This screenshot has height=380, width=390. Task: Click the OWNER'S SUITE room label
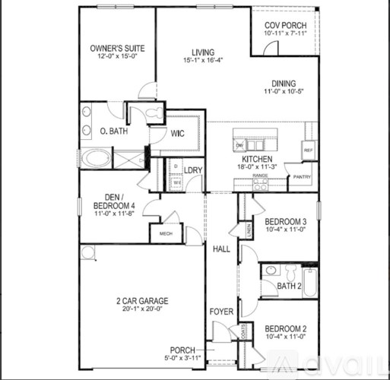(117, 49)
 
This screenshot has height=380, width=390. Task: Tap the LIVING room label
(203, 52)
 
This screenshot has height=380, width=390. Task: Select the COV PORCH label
(284, 24)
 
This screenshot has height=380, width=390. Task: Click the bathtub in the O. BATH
(96, 160)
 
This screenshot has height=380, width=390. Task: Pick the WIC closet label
(177, 133)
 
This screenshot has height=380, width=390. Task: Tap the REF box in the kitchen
(308, 150)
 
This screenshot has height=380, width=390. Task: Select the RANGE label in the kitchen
(260, 176)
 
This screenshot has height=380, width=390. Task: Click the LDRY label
(193, 170)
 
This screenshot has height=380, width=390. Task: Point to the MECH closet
(166, 233)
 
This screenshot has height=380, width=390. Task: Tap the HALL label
(220, 249)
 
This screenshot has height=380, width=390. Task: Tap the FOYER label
(221, 311)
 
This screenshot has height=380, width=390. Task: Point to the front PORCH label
(182, 350)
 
